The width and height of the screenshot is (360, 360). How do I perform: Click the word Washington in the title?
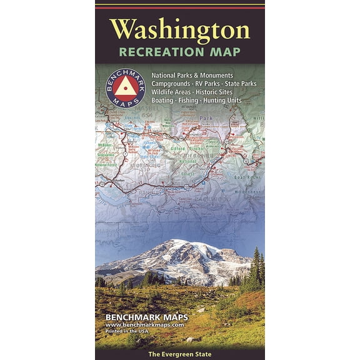pyautogui.click(x=179, y=29)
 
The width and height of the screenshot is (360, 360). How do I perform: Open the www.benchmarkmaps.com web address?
pyautogui.click(x=144, y=325)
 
